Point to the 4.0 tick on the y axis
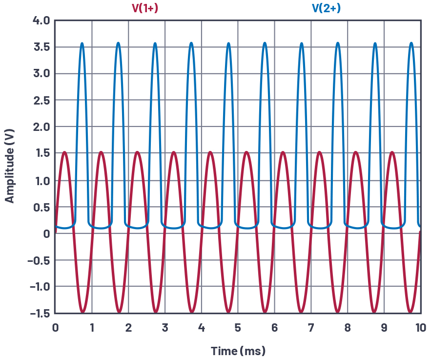[x=41, y=21]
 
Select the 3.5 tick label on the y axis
[x=41, y=47]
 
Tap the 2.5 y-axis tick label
[x=41, y=101]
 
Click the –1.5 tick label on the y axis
[x=39, y=313]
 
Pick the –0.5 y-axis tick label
[x=39, y=260]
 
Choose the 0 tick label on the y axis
[x=46, y=233]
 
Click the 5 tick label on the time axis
[x=238, y=327]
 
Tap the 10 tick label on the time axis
[x=420, y=327]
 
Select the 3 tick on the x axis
[x=165, y=327]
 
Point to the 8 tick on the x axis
[x=348, y=327]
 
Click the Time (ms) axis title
[x=238, y=351]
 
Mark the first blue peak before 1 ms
[x=82, y=43]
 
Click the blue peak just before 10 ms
[x=411, y=43]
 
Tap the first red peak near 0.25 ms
[x=64, y=152]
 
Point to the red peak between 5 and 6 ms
[x=247, y=152]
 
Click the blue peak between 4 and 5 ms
[x=228, y=43]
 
